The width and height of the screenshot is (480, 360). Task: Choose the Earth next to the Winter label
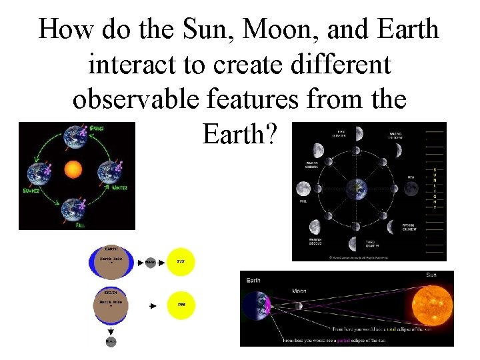click(x=108, y=173)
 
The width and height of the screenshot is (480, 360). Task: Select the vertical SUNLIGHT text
click(x=435, y=188)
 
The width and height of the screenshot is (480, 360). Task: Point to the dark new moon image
click(x=411, y=189)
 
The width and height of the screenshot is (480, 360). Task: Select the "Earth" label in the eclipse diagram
click(x=254, y=280)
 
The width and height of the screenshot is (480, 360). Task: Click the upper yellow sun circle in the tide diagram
click(x=180, y=262)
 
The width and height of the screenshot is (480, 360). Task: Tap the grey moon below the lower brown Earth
click(x=109, y=341)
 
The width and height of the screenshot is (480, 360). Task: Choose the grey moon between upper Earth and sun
click(x=150, y=263)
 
